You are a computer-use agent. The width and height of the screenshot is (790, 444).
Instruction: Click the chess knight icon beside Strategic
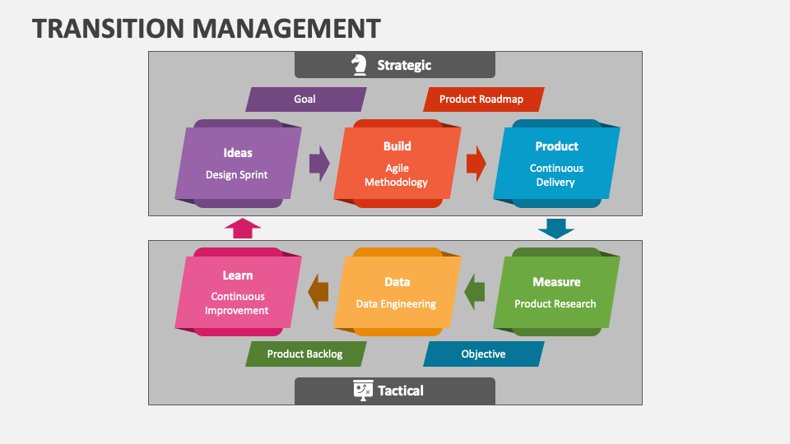(359, 65)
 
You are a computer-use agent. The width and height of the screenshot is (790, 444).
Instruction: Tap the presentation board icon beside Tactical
(362, 390)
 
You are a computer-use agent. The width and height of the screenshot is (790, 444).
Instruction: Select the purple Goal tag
(305, 99)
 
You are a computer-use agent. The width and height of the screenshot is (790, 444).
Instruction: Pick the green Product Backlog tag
(305, 354)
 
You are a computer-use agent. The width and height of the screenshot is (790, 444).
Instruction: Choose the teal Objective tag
(483, 354)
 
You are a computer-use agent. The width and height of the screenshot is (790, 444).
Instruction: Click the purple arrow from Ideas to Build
(319, 163)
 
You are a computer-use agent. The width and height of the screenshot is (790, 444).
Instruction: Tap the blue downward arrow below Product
(556, 228)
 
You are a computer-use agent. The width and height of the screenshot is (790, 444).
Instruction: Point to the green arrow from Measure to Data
(475, 292)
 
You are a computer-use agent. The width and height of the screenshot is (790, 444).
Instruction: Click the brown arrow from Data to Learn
(318, 292)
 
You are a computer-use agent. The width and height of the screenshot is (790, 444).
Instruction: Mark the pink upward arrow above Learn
(242, 228)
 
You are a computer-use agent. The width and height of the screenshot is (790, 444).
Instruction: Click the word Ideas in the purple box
(238, 153)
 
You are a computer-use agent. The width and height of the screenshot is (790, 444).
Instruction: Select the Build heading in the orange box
(397, 146)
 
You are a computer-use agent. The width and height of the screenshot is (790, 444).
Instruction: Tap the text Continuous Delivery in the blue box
(556, 175)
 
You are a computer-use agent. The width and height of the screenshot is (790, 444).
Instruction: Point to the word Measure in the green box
(556, 282)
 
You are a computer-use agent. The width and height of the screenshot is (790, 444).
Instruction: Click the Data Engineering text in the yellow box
(396, 303)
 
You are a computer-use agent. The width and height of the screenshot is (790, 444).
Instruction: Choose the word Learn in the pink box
(237, 275)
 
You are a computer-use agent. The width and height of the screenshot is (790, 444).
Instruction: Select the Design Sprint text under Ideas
(237, 174)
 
